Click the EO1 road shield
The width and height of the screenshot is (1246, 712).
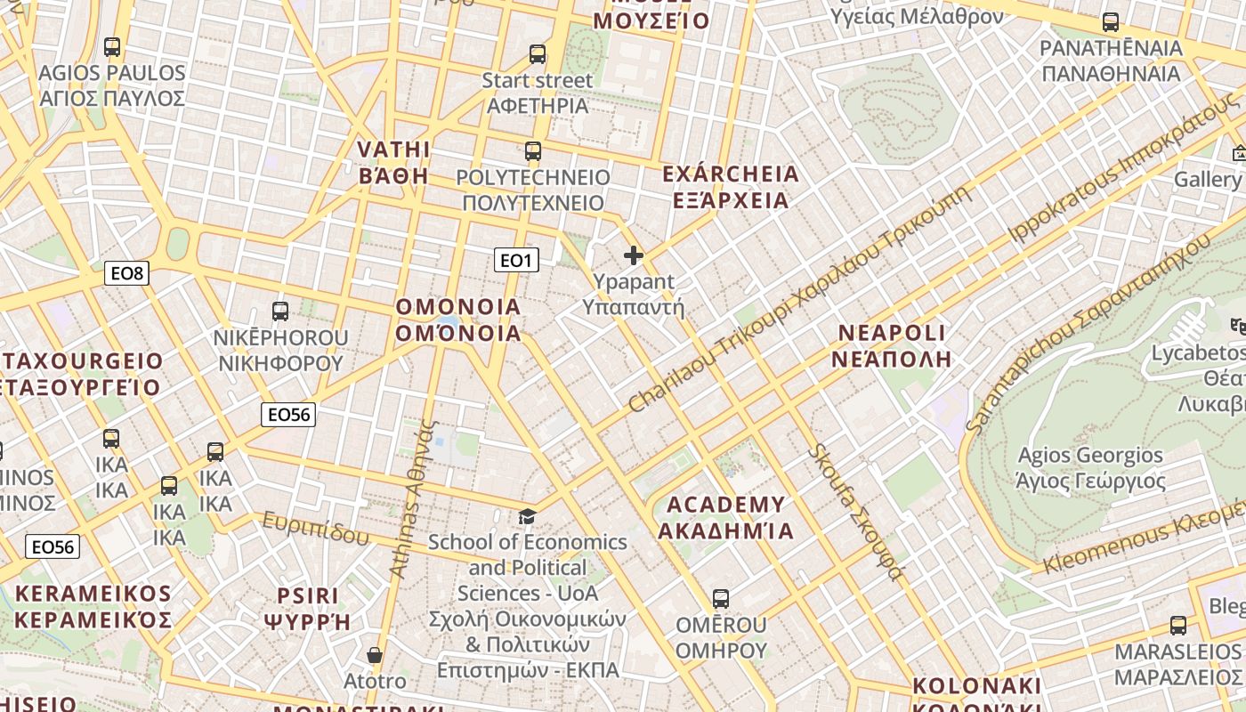click(x=516, y=260)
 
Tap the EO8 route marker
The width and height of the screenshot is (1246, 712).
click(x=126, y=273)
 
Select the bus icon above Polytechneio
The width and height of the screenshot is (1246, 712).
click(x=533, y=151)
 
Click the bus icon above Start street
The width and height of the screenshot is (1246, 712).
click(x=538, y=54)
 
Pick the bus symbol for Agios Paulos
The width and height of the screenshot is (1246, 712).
click(x=112, y=47)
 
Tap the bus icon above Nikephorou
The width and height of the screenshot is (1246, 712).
click(x=280, y=311)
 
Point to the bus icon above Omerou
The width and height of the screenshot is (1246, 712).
click(x=721, y=599)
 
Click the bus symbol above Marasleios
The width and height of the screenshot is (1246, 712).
click(x=1178, y=626)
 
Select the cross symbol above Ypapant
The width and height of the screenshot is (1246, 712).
click(x=634, y=256)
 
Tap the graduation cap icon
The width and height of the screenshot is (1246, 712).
click(x=528, y=517)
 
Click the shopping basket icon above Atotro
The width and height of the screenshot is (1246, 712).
click(x=375, y=656)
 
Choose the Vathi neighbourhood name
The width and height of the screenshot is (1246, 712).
click(x=393, y=162)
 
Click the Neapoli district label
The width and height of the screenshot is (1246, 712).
click(x=893, y=345)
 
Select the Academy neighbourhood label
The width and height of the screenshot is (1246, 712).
click(x=725, y=518)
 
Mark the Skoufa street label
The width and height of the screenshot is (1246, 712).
click(x=854, y=511)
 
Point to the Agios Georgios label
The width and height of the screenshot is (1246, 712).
click(x=1090, y=468)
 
